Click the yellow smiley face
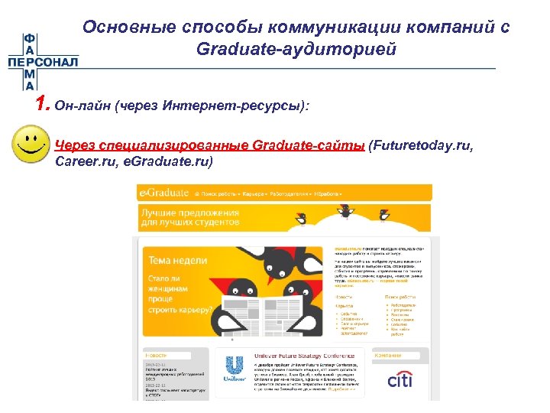[29, 145]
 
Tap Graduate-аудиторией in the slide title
[296, 49]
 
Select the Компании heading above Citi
[389, 356]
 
